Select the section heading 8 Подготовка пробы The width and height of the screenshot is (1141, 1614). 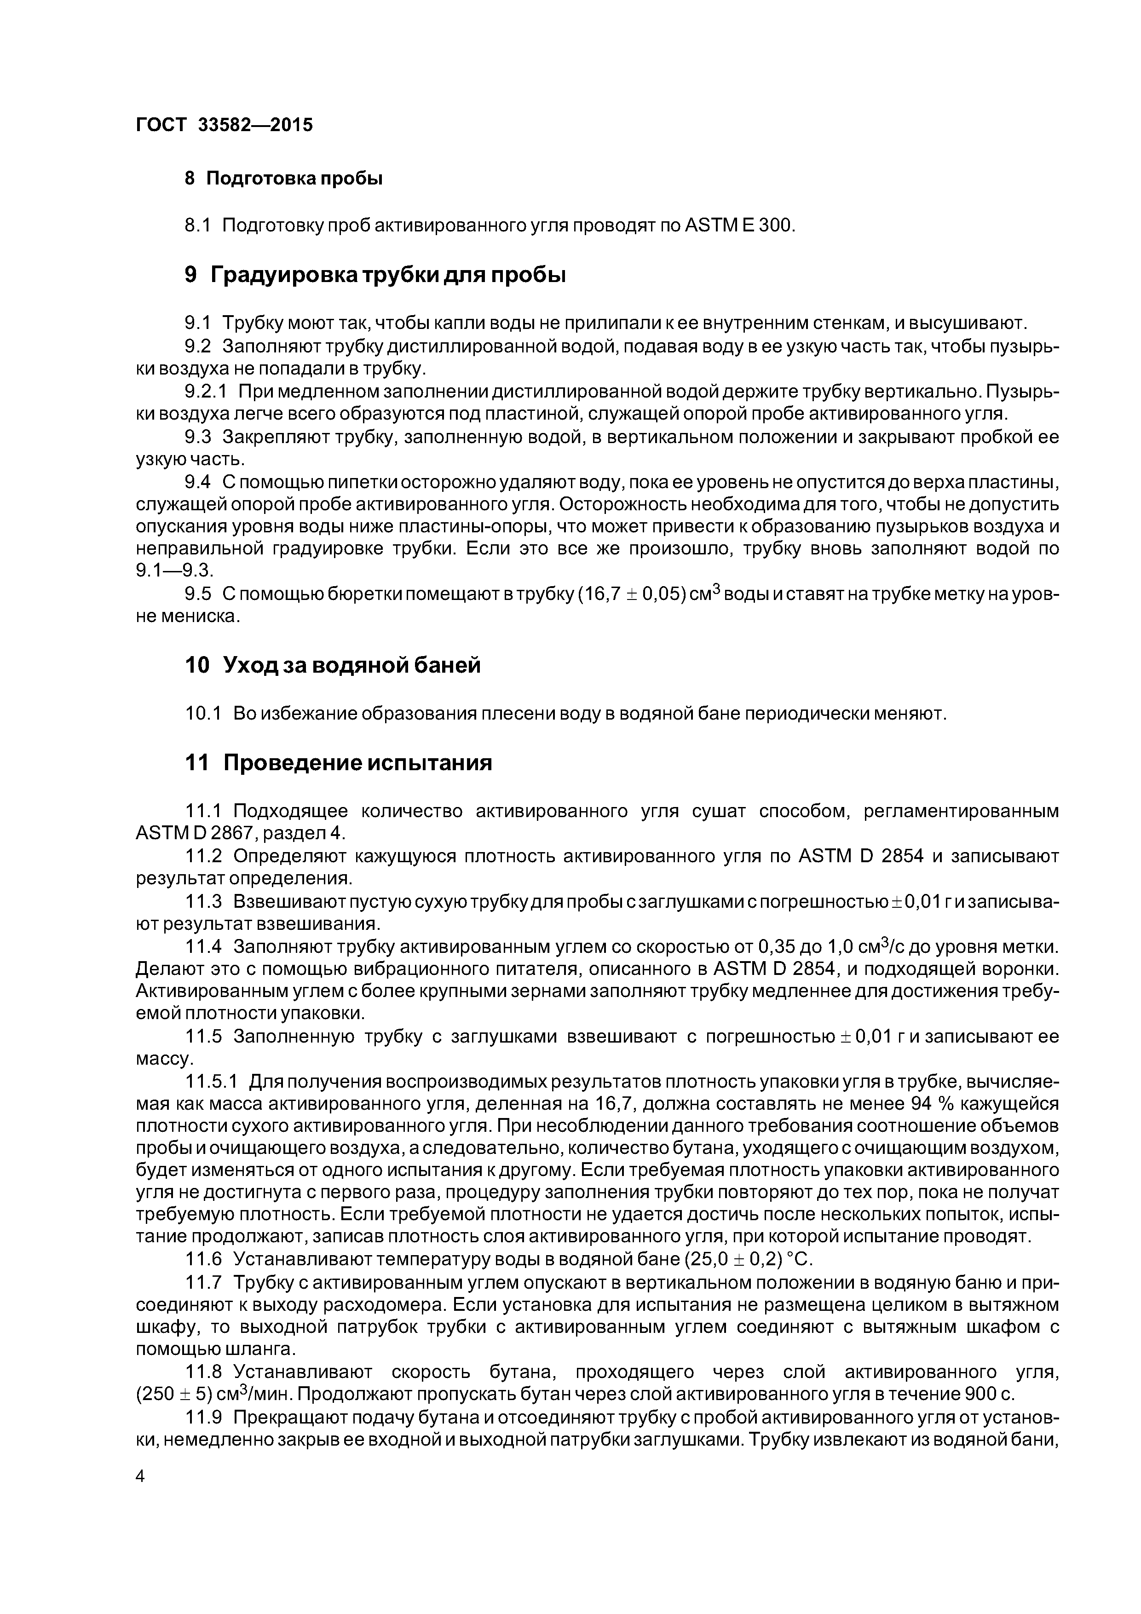tap(283, 179)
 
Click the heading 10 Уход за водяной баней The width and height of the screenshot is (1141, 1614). tap(333, 664)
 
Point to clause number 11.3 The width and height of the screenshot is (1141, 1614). tap(204, 901)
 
